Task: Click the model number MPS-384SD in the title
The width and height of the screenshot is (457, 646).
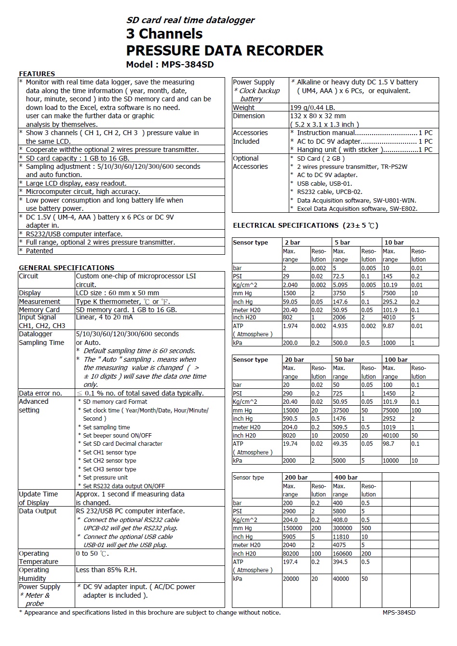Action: pyautogui.click(x=188, y=64)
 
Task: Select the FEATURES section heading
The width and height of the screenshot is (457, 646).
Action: pyautogui.click(x=37, y=74)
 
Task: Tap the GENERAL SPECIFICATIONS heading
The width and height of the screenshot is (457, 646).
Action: pyautogui.click(x=67, y=268)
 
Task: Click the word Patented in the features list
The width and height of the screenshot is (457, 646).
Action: pyautogui.click(x=40, y=251)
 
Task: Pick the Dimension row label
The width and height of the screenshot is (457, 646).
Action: pyautogui.click(x=249, y=116)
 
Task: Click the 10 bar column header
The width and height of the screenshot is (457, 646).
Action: pyautogui.click(x=394, y=242)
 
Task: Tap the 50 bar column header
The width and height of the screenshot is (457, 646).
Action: pyautogui.click(x=344, y=359)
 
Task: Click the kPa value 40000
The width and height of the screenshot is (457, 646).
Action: pyautogui.click(x=342, y=578)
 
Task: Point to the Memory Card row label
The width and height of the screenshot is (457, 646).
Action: pyautogui.click(x=39, y=310)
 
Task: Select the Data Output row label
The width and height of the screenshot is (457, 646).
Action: pyautogui.click(x=38, y=511)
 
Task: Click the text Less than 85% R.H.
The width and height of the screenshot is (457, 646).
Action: pyautogui.click(x=106, y=570)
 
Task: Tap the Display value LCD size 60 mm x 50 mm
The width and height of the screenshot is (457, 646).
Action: pyautogui.click(x=117, y=293)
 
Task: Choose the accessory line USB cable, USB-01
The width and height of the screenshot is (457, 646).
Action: pyautogui.click(x=324, y=183)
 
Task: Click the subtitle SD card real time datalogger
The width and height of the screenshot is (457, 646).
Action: pyautogui.click(x=190, y=20)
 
